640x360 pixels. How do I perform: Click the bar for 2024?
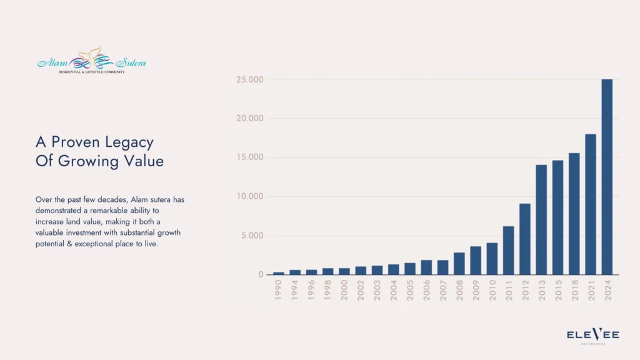pyautogui.click(x=607, y=177)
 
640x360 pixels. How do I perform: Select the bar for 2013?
pyautogui.click(x=541, y=220)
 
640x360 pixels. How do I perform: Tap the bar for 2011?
pyautogui.click(x=509, y=251)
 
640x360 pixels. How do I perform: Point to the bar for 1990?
pyautogui.click(x=279, y=273)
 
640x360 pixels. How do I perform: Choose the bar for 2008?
pyautogui.click(x=459, y=264)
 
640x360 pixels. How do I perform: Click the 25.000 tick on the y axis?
pyautogui.click(x=249, y=80)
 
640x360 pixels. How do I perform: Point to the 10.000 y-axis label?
pyautogui.click(x=249, y=197)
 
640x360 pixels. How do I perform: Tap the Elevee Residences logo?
pyautogui.click(x=592, y=336)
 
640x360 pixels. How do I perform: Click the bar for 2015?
pyautogui.click(x=557, y=217)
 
